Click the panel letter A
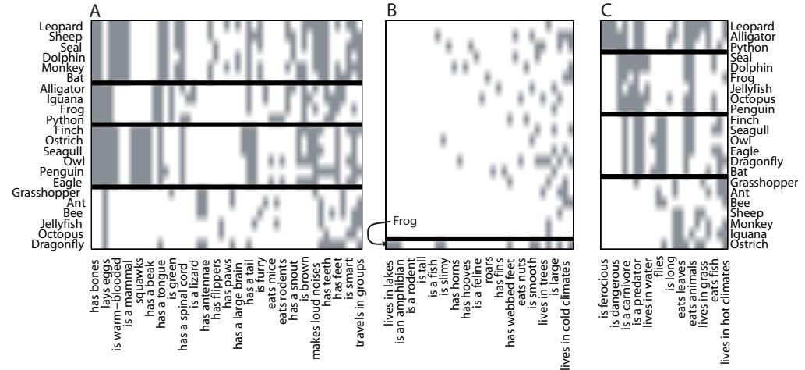click(95, 10)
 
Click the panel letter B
click(390, 10)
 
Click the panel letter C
click(606, 10)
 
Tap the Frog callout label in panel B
click(404, 220)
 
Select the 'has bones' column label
click(94, 276)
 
